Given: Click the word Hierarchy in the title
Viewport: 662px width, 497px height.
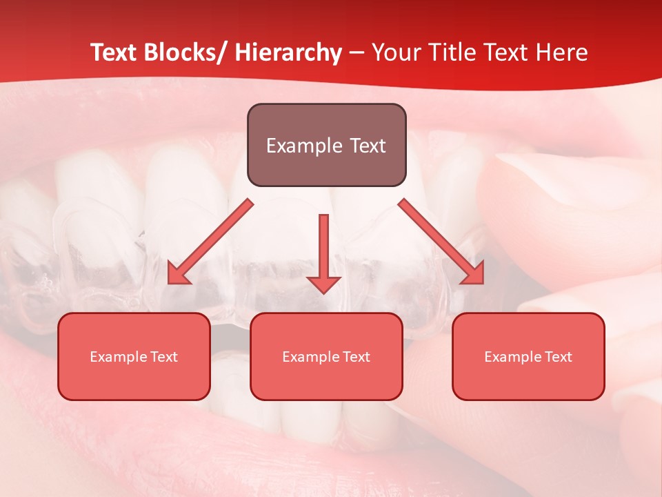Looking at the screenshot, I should [x=288, y=52].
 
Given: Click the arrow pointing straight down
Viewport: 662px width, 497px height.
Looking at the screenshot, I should [x=323, y=248].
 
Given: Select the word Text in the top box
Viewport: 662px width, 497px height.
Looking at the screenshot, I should [x=366, y=146].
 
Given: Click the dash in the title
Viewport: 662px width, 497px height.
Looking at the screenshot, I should [x=357, y=53].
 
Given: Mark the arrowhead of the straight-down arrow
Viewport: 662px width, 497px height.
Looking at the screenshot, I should [x=323, y=284].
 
